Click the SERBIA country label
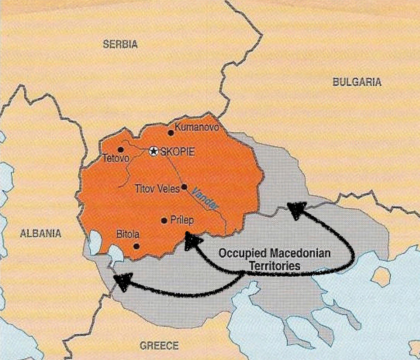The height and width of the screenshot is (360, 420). (120, 45)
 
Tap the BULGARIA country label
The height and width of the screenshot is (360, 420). (357, 82)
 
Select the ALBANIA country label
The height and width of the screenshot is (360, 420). (41, 233)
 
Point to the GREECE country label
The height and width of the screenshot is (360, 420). (159, 346)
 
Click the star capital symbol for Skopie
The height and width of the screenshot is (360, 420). (154, 151)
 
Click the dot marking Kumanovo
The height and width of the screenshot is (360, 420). (170, 132)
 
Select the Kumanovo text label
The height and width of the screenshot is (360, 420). (196, 127)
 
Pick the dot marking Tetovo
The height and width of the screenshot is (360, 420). (120, 149)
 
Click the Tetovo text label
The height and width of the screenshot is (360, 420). (116, 158)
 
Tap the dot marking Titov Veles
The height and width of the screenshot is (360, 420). (184, 187)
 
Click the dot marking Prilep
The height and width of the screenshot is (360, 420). (164, 220)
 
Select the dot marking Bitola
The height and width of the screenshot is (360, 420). (136, 246)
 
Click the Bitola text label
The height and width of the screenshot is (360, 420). (128, 234)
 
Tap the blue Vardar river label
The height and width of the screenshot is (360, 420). (205, 198)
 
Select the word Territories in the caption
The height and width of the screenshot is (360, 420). (275, 265)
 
